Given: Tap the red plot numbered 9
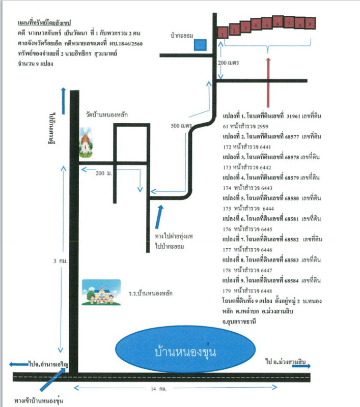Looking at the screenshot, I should (311, 22).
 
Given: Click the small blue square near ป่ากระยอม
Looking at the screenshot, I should (200, 45).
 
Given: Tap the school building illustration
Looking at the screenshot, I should (101, 292).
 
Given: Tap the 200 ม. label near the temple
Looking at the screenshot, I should (103, 173).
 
